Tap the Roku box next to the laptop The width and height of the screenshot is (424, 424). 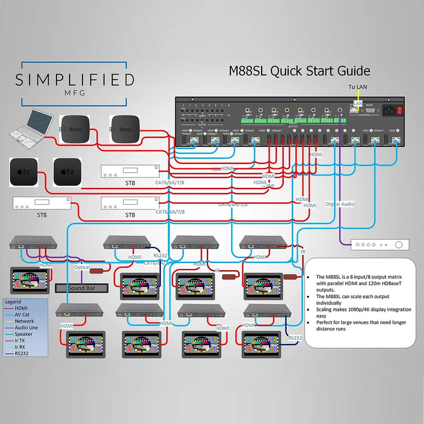tap(75, 129)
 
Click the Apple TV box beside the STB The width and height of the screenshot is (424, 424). tap(67, 172)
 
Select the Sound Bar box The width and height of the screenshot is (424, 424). tap(81, 288)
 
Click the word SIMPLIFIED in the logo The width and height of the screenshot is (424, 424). tap(74, 80)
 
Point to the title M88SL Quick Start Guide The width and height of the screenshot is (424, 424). tap(299, 71)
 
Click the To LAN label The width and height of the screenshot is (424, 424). tap(358, 87)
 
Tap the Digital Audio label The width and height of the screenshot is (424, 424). tap(340, 204)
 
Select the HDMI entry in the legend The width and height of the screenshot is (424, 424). tap(21, 308)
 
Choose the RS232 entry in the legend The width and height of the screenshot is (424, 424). tap(21, 353)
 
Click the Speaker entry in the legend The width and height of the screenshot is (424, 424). tap(23, 334)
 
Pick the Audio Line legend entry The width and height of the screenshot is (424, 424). tap(26, 328)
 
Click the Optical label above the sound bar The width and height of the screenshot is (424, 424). tap(82, 267)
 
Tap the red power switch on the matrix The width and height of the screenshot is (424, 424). tap(400, 110)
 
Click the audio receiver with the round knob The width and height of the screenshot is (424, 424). tap(380, 245)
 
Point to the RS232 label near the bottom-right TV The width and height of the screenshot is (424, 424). tap(295, 338)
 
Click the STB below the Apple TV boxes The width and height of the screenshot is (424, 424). tap(42, 203)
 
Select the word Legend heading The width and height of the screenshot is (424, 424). tap(13, 302)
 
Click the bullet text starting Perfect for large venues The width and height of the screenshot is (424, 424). tap(361, 326)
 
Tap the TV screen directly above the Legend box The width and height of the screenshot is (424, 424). tap(30, 280)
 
